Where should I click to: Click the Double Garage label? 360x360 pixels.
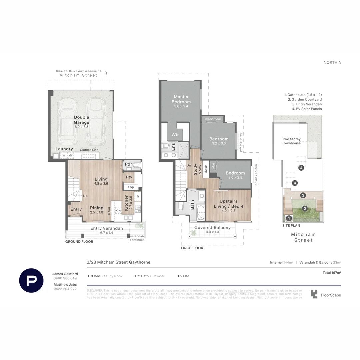point(82,120)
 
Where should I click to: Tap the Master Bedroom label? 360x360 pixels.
point(181,99)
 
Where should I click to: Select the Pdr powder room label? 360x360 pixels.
point(128,164)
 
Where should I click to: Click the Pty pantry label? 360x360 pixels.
point(129,177)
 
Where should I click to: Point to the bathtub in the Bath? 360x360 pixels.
point(201,213)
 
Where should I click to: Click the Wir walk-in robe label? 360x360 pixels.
point(175,135)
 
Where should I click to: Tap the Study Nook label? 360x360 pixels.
point(198,169)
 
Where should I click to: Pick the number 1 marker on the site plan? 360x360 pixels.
point(289,218)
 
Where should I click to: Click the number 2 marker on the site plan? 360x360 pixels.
point(305,209)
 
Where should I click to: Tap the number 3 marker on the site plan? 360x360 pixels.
point(303,195)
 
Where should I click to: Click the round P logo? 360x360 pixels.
point(31,280)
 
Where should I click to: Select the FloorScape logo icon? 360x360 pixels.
point(314,294)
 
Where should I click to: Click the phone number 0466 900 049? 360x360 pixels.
point(65,278)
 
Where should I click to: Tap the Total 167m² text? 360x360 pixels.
point(332,273)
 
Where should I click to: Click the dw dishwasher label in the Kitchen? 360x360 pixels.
point(119,210)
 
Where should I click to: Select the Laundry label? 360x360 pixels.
point(64,149)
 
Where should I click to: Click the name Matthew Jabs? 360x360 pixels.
point(65,284)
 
